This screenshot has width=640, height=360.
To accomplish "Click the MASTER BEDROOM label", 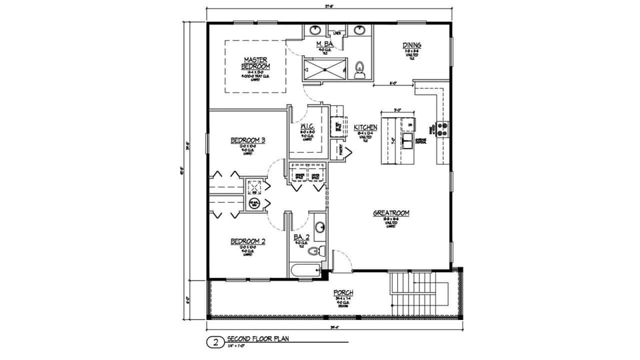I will [x=255, y=63].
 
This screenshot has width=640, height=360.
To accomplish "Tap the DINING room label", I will [x=411, y=46].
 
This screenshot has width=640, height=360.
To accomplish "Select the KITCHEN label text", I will [x=366, y=127].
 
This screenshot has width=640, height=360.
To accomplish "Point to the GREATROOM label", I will [x=391, y=213].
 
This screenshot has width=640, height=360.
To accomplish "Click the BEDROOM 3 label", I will [x=248, y=140].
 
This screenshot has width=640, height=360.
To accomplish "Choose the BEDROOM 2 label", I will [x=248, y=241].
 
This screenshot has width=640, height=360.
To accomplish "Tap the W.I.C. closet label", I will [x=307, y=127].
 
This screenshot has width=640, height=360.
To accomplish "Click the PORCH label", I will [x=343, y=293].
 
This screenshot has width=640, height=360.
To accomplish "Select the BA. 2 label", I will [x=301, y=237].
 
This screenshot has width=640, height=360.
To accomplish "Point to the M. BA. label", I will [x=324, y=44].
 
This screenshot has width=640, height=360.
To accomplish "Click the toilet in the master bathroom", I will [x=361, y=68].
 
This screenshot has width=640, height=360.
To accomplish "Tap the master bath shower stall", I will [x=325, y=67].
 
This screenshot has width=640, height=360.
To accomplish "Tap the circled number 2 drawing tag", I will [x=215, y=343].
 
